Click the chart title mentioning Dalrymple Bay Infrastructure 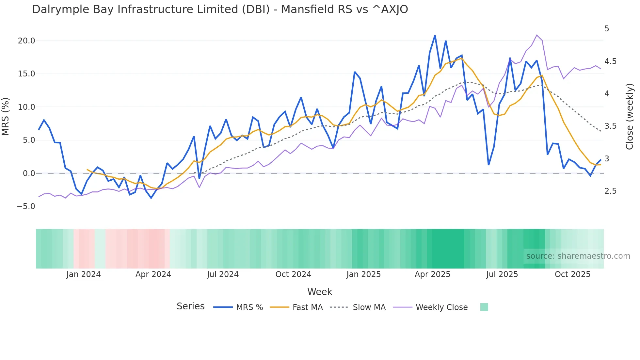220,9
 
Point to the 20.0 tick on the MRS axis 26,41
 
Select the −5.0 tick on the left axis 26,206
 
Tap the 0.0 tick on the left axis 29,173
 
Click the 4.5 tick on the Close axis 610,61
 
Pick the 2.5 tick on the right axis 610,191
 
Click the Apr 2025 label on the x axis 432,274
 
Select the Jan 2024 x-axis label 83,274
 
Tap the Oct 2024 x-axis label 293,274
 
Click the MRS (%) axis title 5,116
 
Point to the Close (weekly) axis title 630,116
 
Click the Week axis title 320,292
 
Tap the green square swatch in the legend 484,307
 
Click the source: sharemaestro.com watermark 578,256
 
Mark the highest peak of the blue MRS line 435,35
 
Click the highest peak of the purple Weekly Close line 537,35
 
